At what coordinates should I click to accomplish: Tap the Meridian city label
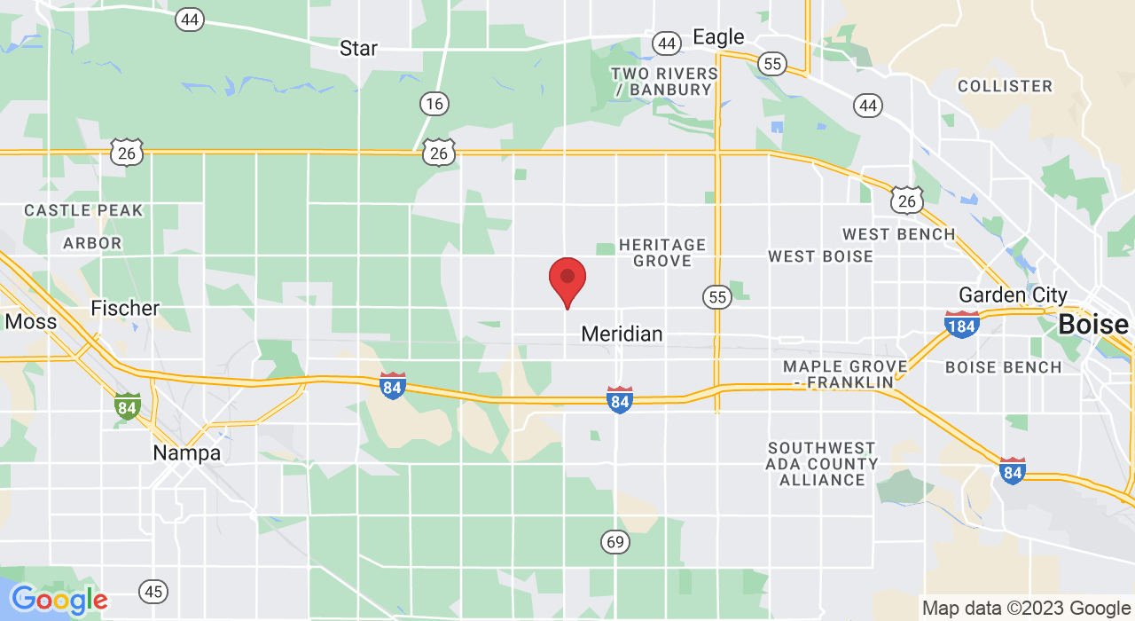point(622,334)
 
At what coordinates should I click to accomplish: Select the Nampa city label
point(186,453)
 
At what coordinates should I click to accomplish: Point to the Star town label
point(358,48)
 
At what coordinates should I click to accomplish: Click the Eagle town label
point(718,37)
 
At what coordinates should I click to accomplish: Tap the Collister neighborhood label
point(1005,86)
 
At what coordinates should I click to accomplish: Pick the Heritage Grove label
point(662,253)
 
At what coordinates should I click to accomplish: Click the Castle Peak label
point(83,210)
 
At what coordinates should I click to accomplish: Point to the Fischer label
point(125,308)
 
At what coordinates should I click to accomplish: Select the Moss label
point(30,321)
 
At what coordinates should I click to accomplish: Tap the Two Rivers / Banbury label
point(664,82)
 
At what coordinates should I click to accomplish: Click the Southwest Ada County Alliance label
point(822,464)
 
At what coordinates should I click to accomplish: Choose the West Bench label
point(898,234)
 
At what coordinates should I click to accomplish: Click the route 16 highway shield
point(434,104)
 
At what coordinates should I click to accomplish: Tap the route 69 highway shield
point(615,540)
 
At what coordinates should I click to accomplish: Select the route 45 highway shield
point(153,591)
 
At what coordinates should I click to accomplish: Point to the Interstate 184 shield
point(962,326)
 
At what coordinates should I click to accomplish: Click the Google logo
point(59,601)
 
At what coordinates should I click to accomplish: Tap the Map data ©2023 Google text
point(1026,609)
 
